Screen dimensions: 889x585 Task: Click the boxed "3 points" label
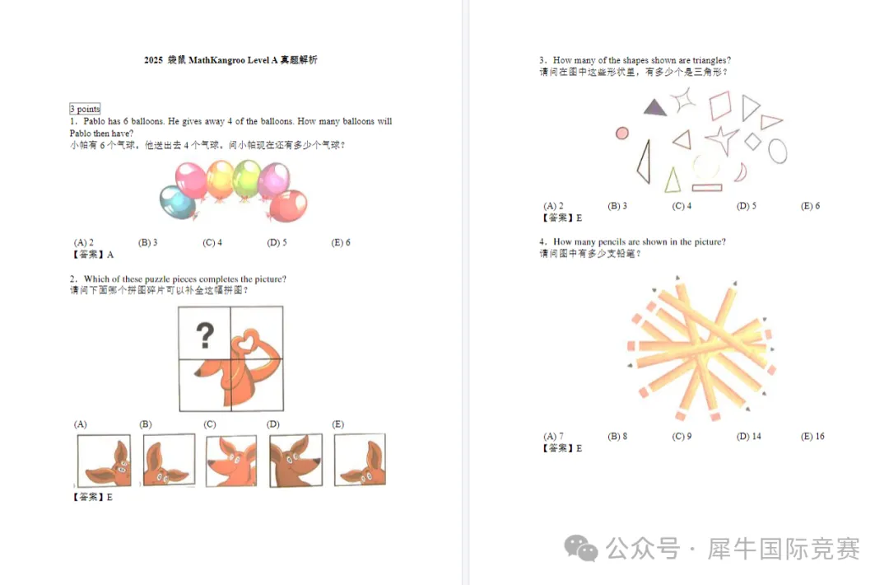85,109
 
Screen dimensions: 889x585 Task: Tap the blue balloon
178,202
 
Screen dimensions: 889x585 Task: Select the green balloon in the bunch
247,179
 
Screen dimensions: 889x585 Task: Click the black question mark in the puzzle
205,335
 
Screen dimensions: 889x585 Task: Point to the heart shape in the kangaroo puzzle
247,342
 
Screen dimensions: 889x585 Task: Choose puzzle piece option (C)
231,461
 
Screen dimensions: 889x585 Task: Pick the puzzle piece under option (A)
104,461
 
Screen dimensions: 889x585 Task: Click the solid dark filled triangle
655,107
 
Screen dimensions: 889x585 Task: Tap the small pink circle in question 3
622,133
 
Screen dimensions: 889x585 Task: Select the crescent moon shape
742,172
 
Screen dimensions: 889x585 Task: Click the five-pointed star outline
722,139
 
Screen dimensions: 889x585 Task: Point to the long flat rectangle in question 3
707,187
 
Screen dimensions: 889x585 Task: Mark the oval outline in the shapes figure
778,151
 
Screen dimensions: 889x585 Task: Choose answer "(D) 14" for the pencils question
748,437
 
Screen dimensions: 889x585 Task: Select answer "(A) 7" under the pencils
553,437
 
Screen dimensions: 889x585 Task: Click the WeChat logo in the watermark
580,549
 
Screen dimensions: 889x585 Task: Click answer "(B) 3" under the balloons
148,242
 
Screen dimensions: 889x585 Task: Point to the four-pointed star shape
683,100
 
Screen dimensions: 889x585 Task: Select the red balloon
289,205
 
